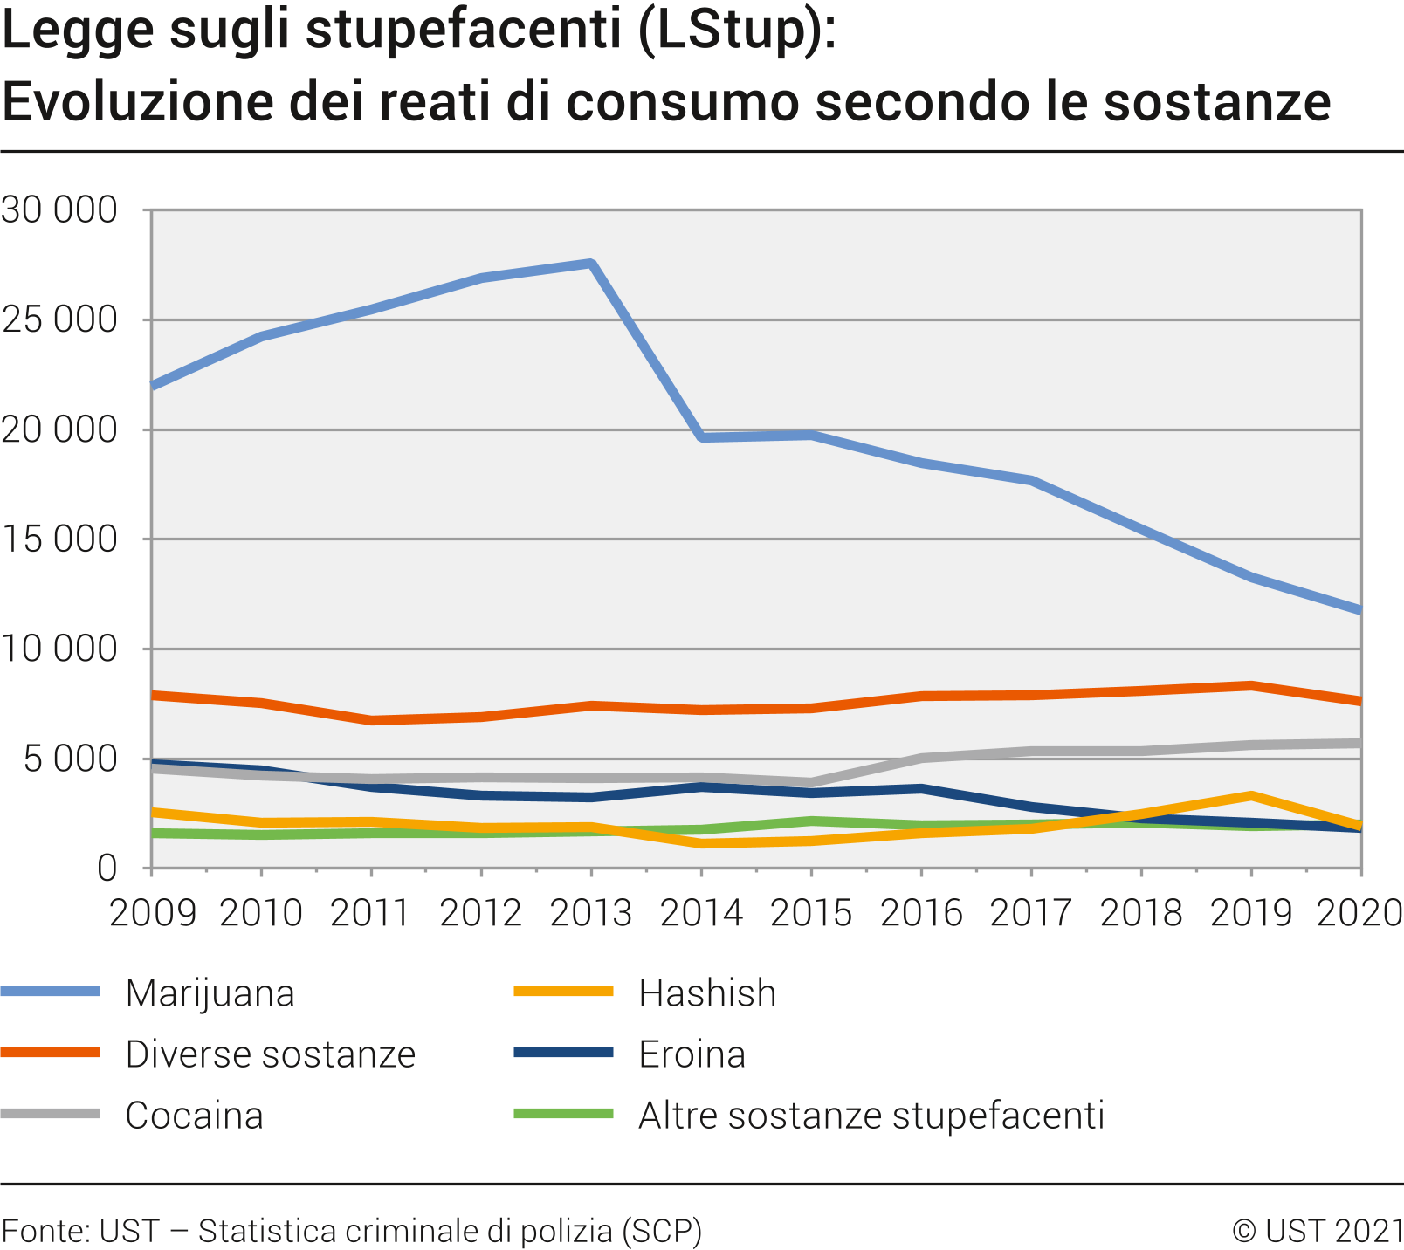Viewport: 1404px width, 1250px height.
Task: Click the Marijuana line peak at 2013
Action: click(x=591, y=264)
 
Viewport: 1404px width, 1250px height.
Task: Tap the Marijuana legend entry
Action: click(x=210, y=993)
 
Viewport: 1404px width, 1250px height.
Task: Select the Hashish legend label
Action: click(x=707, y=993)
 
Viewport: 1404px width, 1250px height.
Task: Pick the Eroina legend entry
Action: click(x=692, y=1054)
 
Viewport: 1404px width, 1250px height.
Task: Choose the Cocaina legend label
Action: click(x=194, y=1116)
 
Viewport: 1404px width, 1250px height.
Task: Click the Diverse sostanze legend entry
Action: click(x=270, y=1054)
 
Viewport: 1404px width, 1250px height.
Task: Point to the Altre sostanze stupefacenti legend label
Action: click(x=871, y=1116)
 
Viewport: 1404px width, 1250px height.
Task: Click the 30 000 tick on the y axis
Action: click(x=58, y=210)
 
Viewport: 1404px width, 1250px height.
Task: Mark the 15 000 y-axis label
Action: click(x=58, y=539)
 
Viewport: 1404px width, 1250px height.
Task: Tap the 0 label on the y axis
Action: click(x=107, y=869)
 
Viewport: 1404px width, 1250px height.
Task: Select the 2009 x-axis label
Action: click(x=152, y=913)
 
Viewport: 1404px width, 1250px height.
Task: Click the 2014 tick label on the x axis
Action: click(x=701, y=913)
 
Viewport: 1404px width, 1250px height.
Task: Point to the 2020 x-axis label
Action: click(x=1358, y=913)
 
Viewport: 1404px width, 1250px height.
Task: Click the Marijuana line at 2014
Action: click(x=702, y=436)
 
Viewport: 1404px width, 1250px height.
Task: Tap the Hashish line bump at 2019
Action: click(x=1251, y=796)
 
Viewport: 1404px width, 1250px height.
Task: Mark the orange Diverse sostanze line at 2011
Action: click(x=372, y=720)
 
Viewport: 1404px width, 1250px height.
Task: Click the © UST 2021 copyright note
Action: click(x=1317, y=1231)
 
